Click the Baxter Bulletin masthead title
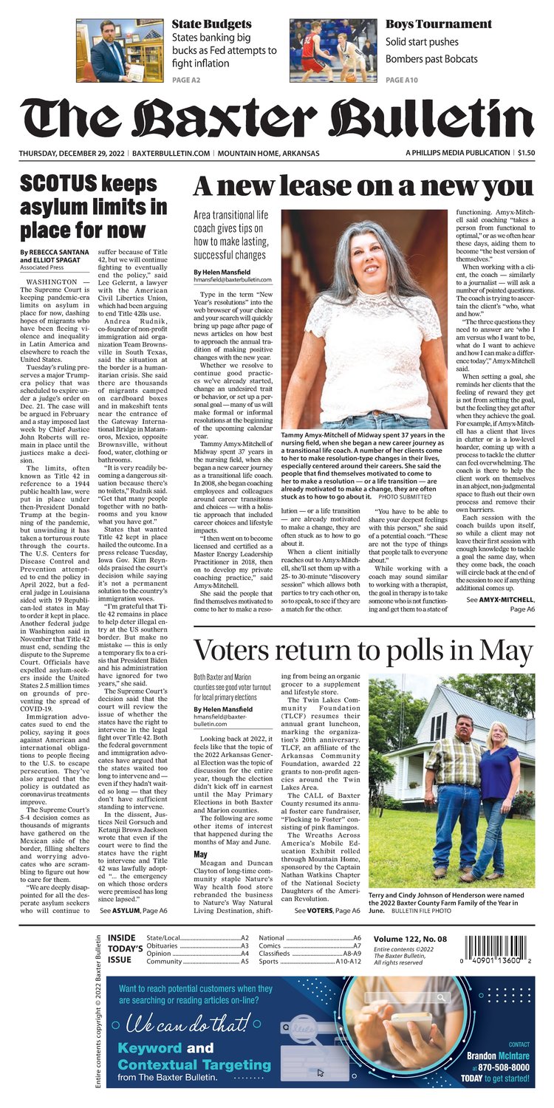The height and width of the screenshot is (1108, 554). pyautogui.click(x=276, y=116)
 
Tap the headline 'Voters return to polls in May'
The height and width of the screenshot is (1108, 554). pyautogui.click(x=363, y=652)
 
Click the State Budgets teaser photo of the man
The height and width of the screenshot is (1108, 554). pyautogui.click(x=120, y=50)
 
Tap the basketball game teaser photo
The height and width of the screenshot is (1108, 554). pyautogui.click(x=333, y=50)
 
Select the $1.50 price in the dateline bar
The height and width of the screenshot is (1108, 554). pyautogui.click(x=526, y=153)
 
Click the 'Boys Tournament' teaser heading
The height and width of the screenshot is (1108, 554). pyautogui.click(x=439, y=24)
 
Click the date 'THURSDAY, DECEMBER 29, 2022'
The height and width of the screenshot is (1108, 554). pyautogui.click(x=72, y=153)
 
